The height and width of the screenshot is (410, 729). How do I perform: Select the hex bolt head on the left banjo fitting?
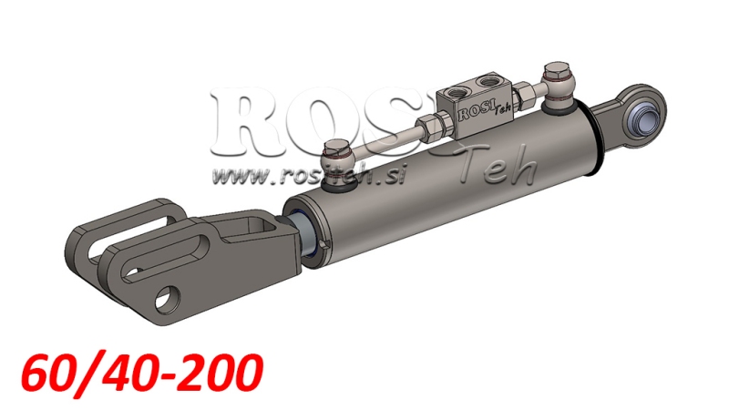point(335,146)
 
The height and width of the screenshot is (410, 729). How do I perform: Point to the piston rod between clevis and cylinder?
point(300,228)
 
